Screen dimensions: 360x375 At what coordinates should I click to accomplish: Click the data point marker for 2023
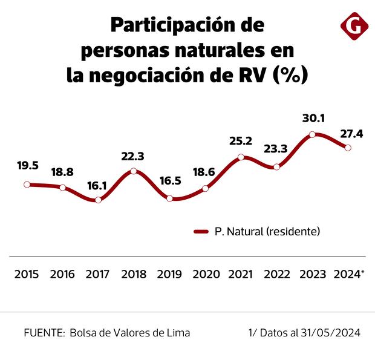pos(312,134)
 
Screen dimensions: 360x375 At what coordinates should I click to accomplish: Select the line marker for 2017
pos(98,200)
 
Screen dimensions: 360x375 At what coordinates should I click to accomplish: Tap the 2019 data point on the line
pos(170,198)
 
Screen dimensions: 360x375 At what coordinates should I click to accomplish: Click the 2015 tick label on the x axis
pos(27,274)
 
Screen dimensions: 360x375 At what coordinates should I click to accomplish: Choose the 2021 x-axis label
pos(241,274)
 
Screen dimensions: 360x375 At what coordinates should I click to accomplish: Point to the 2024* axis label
pos(349,274)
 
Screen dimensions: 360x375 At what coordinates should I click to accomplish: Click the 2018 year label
pos(134,274)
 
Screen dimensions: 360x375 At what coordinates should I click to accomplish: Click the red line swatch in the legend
pos(201,232)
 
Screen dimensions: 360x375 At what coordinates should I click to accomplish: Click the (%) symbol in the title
pos(291,75)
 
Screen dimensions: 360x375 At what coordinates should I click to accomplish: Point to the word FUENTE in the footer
pos(44,333)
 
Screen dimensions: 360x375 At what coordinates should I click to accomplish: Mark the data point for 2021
pos(241,157)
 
